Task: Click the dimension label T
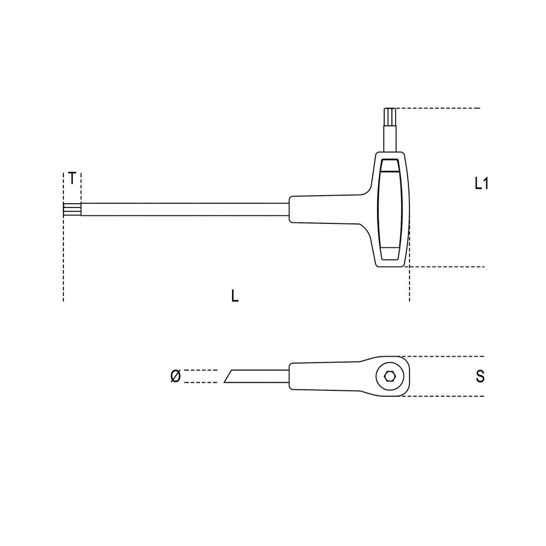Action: tap(72, 179)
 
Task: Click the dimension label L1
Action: tap(481, 184)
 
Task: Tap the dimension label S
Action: tap(480, 376)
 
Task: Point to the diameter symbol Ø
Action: tap(175, 376)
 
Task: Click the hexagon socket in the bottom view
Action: tap(390, 376)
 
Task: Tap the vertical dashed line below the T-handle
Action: tap(409, 283)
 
